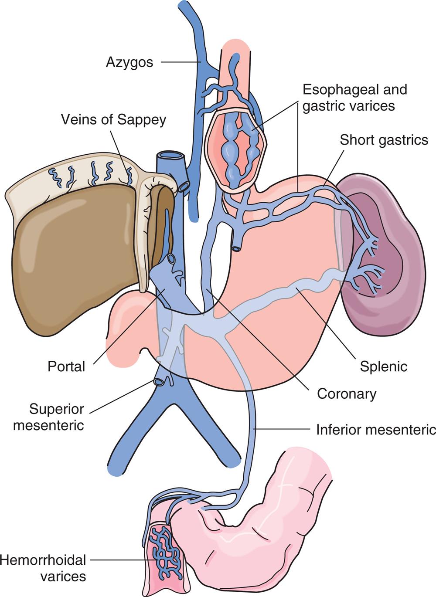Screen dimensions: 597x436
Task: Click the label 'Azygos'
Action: (x=129, y=62)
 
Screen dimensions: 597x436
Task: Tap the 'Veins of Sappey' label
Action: (x=113, y=119)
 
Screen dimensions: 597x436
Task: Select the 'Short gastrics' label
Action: (x=384, y=140)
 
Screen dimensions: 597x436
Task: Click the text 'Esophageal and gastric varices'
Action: (x=354, y=98)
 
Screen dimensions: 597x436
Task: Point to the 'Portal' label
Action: (x=66, y=366)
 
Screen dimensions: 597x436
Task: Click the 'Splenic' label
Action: (x=383, y=366)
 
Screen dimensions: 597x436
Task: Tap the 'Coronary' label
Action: (x=347, y=394)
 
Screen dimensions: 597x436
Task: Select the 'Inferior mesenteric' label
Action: (x=375, y=430)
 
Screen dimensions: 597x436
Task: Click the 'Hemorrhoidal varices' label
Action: (x=44, y=568)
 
